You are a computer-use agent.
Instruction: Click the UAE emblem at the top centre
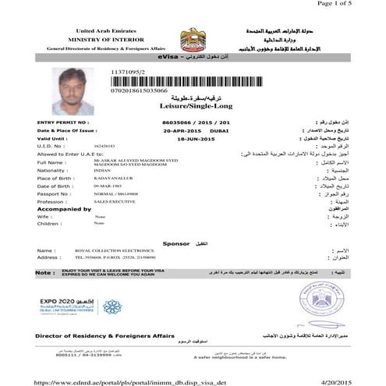coord(193,38)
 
